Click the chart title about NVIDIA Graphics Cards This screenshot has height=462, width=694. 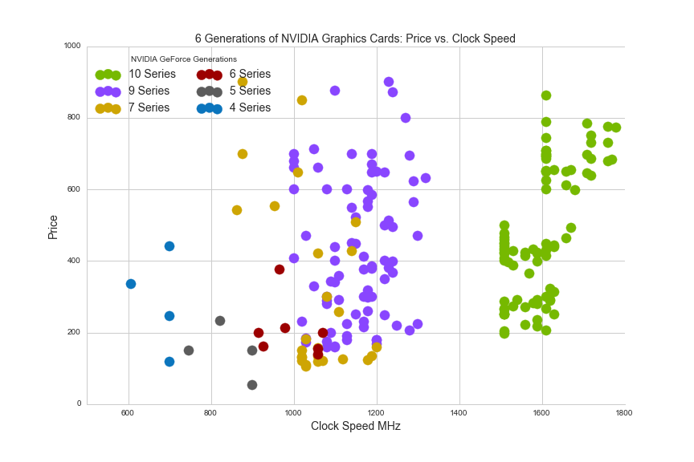coord(355,38)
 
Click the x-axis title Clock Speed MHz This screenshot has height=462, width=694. coord(355,426)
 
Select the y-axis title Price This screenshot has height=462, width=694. coord(53,226)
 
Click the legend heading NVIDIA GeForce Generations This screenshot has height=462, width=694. coord(184,59)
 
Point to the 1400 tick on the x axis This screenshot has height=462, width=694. coord(459,413)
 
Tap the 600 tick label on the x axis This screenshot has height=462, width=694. coord(128,413)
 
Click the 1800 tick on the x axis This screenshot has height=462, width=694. coord(624,413)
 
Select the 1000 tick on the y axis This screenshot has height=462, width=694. coord(72,47)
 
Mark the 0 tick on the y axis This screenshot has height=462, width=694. coord(78,404)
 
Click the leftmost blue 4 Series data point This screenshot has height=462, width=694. coord(131,284)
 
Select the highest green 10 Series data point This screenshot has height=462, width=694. coord(546,95)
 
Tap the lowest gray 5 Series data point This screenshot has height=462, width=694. coord(252,385)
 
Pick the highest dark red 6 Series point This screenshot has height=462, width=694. coord(280,269)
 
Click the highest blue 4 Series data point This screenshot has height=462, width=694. coord(169,246)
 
